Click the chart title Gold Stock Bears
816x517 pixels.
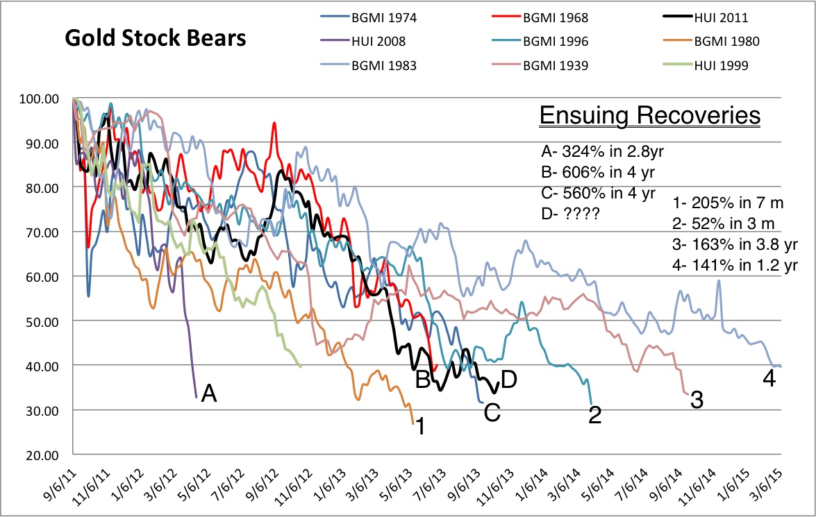coord(155,39)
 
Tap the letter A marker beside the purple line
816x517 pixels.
coord(209,395)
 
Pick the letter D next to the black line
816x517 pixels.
coord(509,380)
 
